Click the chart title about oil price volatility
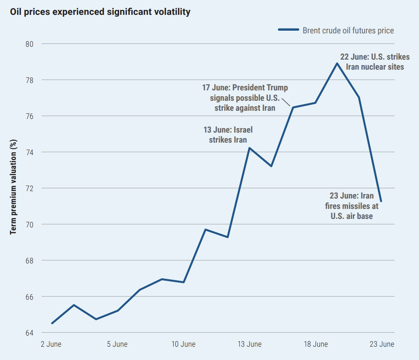tap(100, 12)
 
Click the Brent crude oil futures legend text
tap(348, 31)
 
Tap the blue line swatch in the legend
tap(288, 30)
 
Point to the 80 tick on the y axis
tap(29, 44)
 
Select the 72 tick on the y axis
tap(29, 189)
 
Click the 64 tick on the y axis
tap(29, 333)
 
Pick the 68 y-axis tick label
tap(29, 261)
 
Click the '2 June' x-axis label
tap(51, 344)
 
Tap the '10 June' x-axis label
tap(184, 344)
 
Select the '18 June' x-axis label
tap(315, 344)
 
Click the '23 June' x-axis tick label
tap(382, 344)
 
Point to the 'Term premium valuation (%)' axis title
tap(14, 187)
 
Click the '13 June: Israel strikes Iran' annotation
tap(228, 135)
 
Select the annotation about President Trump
tap(245, 98)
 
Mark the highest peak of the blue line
tap(337, 63)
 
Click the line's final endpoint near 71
tap(381, 201)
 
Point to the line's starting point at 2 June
tap(52, 323)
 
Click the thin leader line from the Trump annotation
tap(286, 101)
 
